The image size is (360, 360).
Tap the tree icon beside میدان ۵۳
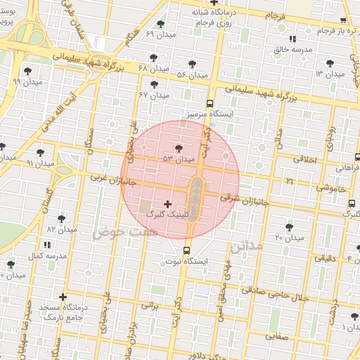[179, 148]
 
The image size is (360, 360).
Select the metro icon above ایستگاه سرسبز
[210, 102]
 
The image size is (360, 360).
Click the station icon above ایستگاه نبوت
[186, 250]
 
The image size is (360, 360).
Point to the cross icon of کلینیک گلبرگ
[167, 204]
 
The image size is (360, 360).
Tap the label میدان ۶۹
[160, 34]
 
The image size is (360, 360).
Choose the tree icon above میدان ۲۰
[289, 226]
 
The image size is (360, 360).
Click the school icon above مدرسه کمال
[48, 244]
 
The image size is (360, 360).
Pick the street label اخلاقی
[305, 160]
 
